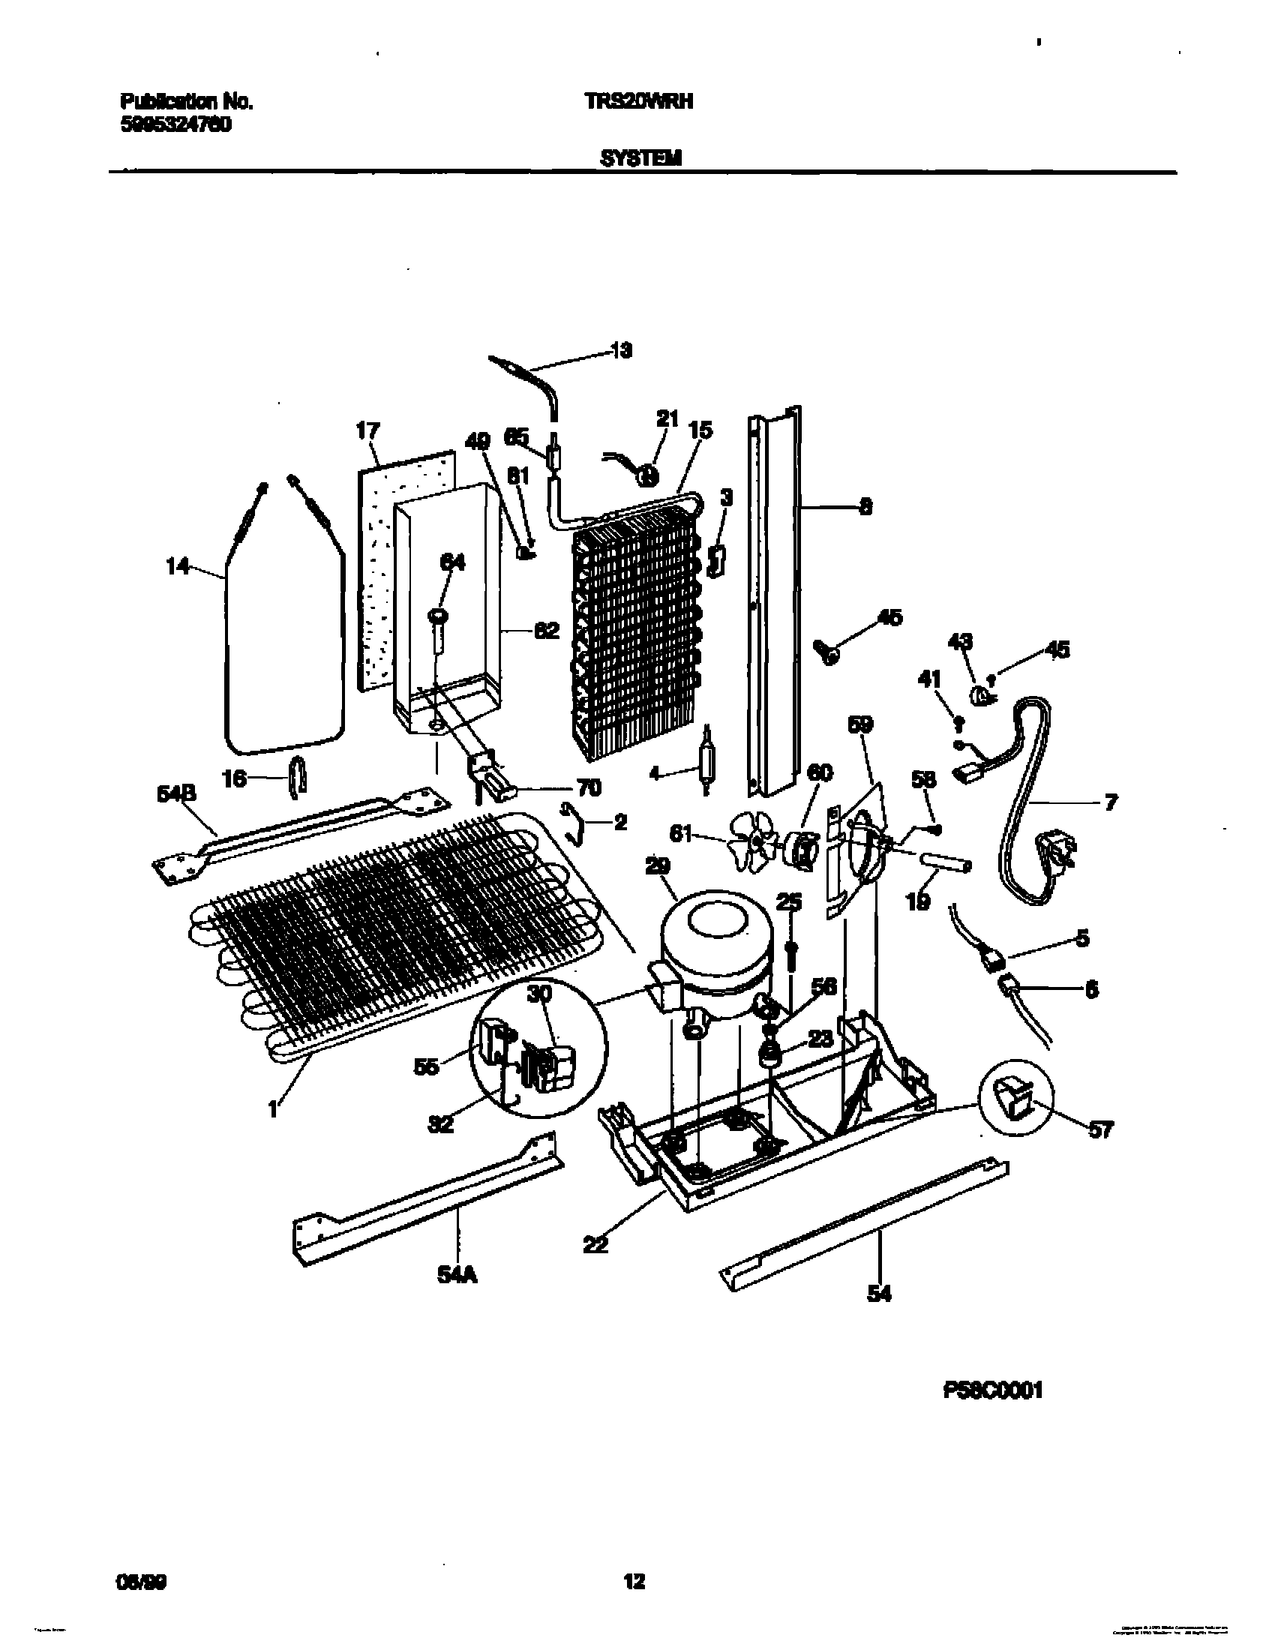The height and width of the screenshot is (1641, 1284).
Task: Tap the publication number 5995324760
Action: click(175, 125)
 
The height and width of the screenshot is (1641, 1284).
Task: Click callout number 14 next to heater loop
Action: click(178, 566)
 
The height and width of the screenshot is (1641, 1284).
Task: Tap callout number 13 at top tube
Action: click(621, 350)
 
